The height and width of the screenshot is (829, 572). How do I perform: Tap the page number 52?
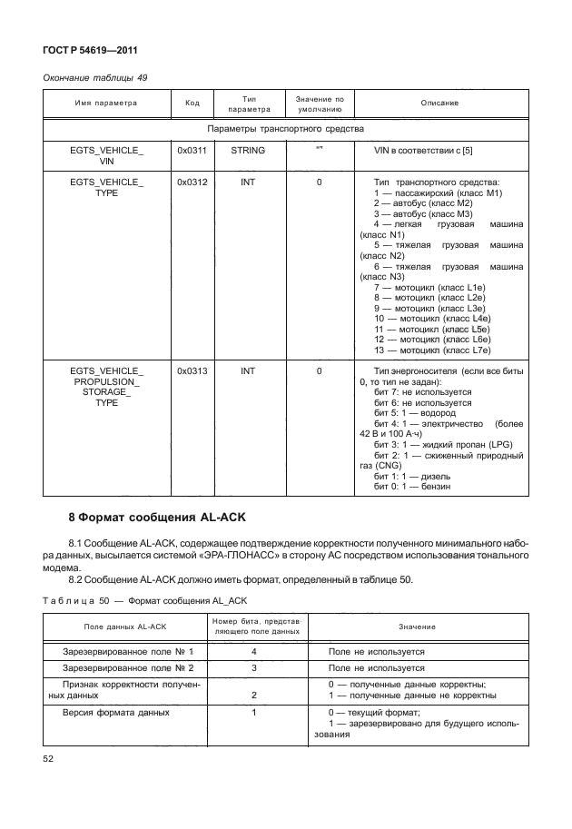tap(50, 758)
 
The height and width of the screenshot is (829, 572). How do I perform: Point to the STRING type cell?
tap(248, 150)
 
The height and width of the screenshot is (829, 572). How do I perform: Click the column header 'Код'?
tap(192, 103)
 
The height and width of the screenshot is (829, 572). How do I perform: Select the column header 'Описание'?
tap(439, 103)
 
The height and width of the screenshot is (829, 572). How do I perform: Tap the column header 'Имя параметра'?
tap(106, 103)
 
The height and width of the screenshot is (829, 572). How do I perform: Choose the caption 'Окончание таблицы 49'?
tap(95, 77)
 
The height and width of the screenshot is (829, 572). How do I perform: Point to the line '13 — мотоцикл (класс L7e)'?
tap(432, 350)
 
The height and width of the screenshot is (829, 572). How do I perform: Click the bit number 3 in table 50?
tap(254, 667)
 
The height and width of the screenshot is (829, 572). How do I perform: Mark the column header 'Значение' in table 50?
tap(416, 627)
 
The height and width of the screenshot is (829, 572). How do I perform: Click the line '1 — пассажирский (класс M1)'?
tap(438, 193)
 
